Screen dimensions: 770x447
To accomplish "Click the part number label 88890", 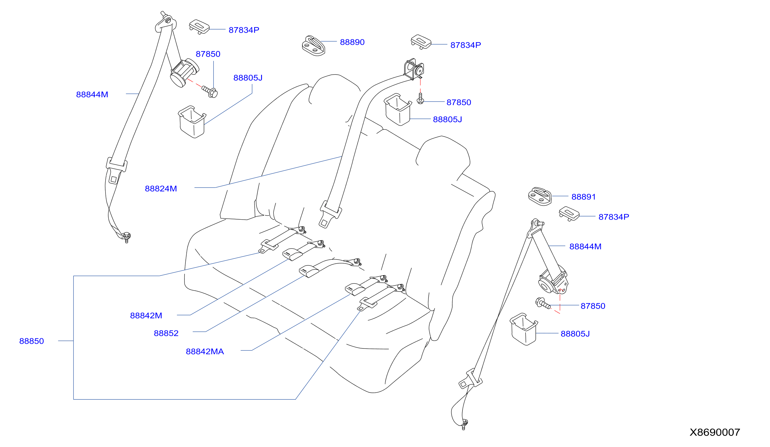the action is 352,42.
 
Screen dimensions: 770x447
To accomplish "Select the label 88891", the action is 583,197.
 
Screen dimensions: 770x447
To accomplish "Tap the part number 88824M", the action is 161,189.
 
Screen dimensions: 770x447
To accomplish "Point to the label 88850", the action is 31,341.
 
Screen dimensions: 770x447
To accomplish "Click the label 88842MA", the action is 205,352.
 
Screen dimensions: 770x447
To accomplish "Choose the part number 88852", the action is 166,333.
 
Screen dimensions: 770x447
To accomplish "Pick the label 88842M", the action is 146,315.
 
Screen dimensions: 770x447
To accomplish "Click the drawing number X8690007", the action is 715,432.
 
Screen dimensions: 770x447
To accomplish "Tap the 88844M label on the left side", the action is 92,95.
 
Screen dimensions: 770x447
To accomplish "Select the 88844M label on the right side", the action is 585,246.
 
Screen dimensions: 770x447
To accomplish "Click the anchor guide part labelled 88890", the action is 314,46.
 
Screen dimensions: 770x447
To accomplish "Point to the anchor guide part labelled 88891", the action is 540,197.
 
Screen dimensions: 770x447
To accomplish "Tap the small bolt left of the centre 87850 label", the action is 420,98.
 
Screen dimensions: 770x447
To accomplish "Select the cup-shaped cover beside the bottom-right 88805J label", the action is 524,329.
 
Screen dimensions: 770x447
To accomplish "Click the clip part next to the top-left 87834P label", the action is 199,27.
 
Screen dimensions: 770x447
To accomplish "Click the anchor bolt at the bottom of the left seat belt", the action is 126,237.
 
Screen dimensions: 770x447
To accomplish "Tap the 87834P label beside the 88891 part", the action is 614,217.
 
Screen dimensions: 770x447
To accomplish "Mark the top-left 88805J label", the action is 248,78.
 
